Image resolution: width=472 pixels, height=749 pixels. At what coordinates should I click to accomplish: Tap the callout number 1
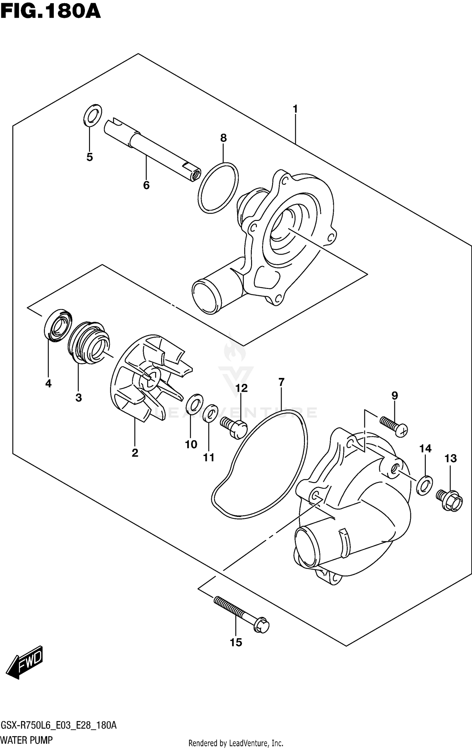(295, 109)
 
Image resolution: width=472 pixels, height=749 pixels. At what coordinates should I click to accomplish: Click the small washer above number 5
(93, 115)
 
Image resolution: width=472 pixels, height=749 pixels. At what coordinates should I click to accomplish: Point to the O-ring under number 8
(218, 188)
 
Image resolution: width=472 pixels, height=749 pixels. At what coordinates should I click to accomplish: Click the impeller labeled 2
(146, 378)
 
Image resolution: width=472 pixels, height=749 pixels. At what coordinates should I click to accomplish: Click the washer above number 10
(194, 404)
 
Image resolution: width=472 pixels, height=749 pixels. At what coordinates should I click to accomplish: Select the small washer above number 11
(210, 413)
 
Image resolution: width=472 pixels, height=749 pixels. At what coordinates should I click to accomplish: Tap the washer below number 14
(424, 485)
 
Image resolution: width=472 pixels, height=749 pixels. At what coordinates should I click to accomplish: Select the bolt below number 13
(450, 501)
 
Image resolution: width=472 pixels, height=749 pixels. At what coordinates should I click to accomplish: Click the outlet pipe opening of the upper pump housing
(205, 297)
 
